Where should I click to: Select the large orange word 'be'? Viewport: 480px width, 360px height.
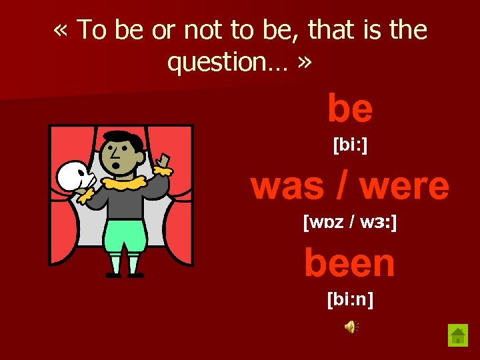(x=350, y=109)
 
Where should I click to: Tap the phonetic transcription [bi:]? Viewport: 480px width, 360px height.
(x=350, y=145)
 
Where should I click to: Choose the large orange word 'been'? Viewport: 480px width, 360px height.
(x=350, y=263)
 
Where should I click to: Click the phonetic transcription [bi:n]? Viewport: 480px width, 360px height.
(x=350, y=300)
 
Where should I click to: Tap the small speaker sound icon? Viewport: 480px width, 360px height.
(x=351, y=326)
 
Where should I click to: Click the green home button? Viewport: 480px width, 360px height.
(x=458, y=335)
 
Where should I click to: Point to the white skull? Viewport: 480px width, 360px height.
(x=71, y=175)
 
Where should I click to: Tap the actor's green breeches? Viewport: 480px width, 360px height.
(x=124, y=235)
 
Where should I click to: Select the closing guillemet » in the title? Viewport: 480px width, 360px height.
(x=306, y=63)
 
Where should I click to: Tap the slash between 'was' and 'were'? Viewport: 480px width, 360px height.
(x=344, y=187)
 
